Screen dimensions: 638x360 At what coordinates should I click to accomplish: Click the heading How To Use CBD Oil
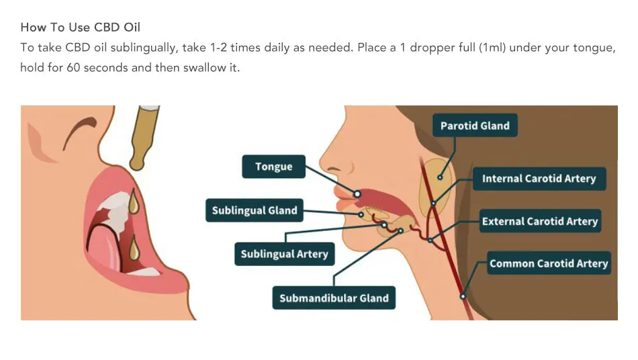[81, 28]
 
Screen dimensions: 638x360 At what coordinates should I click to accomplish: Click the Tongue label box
[273, 167]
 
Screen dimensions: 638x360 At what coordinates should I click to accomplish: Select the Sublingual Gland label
[254, 211]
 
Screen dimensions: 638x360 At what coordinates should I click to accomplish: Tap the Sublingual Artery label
[284, 254]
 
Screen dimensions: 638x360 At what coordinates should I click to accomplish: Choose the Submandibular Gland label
[334, 298]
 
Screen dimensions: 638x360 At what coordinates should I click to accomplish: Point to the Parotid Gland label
[475, 126]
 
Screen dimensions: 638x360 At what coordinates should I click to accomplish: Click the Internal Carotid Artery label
[539, 179]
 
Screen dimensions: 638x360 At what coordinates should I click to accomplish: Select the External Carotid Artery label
[539, 222]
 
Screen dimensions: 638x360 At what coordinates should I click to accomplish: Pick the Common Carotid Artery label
[549, 263]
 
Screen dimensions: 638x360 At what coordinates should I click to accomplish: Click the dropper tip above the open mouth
[137, 163]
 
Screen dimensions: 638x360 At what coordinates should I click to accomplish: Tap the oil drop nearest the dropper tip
[134, 201]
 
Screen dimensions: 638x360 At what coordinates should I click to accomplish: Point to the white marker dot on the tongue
[357, 193]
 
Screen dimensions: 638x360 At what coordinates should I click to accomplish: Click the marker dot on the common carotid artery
[462, 296]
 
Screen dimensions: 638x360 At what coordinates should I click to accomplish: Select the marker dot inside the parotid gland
[440, 177]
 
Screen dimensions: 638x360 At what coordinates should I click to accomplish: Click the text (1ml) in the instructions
[496, 48]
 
